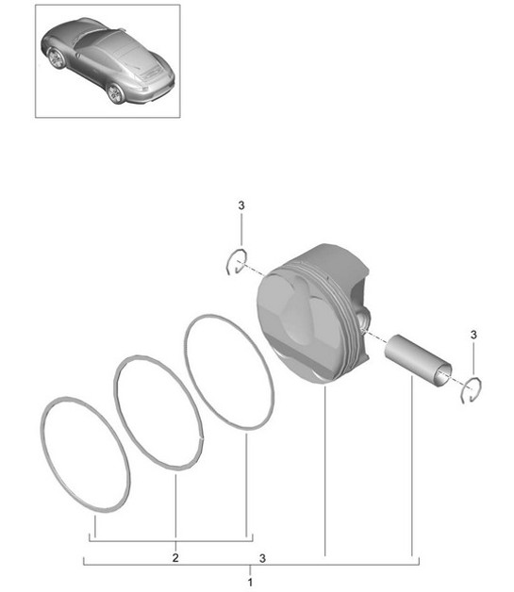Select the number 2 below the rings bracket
(x=175, y=558)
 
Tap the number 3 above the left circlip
(x=240, y=206)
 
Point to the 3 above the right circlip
(x=473, y=335)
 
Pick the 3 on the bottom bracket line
(x=261, y=558)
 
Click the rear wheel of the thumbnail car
(x=115, y=92)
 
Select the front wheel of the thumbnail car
(x=57, y=58)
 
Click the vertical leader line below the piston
(x=324, y=471)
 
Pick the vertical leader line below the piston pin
(x=412, y=471)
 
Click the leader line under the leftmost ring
(x=94, y=525)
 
